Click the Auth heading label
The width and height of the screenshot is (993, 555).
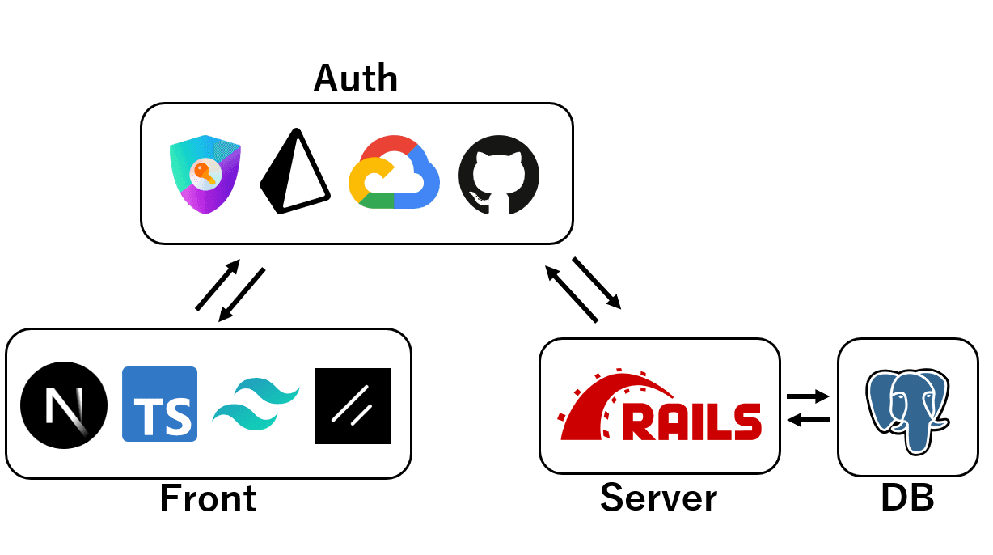pos(356,78)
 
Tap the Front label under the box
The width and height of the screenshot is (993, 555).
pos(208,498)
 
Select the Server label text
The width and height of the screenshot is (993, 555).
pos(658,498)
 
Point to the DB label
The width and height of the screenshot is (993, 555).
pos(907,498)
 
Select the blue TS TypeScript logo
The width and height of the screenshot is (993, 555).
pos(159,405)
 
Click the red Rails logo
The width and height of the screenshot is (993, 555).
pos(660,408)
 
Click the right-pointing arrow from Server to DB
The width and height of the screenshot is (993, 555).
pos(808,396)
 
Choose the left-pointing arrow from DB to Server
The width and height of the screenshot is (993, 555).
pos(808,419)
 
